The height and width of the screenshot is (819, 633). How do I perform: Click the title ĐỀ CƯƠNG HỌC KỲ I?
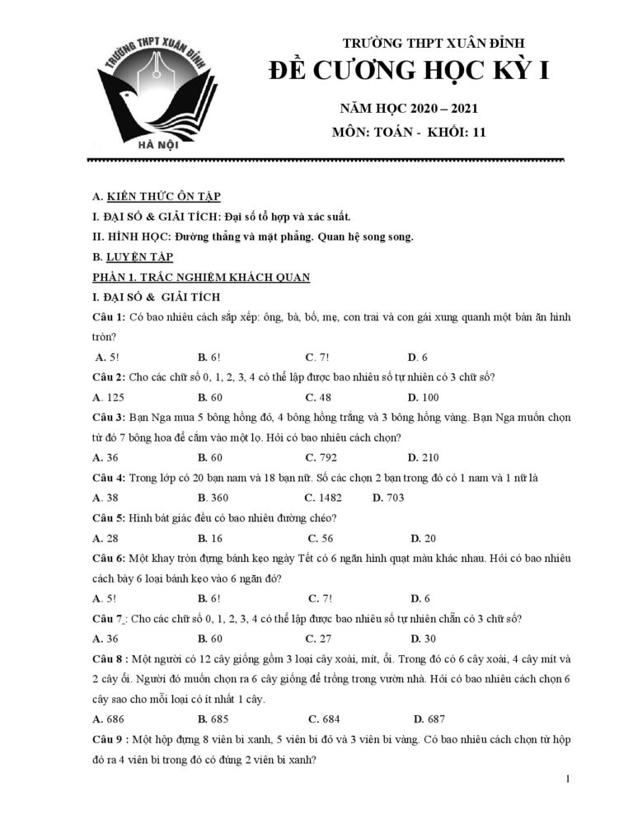(x=409, y=73)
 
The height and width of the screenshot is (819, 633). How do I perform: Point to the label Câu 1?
(x=109, y=317)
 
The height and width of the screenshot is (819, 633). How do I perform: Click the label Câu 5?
(x=109, y=517)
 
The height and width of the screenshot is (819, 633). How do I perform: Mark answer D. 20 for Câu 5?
(x=424, y=538)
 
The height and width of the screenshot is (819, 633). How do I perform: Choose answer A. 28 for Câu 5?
(x=106, y=538)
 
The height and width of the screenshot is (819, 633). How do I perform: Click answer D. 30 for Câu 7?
(x=424, y=639)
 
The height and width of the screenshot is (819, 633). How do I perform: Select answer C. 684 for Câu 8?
(x=323, y=718)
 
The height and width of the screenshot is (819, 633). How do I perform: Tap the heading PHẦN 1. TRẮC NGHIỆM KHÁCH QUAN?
(x=201, y=277)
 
